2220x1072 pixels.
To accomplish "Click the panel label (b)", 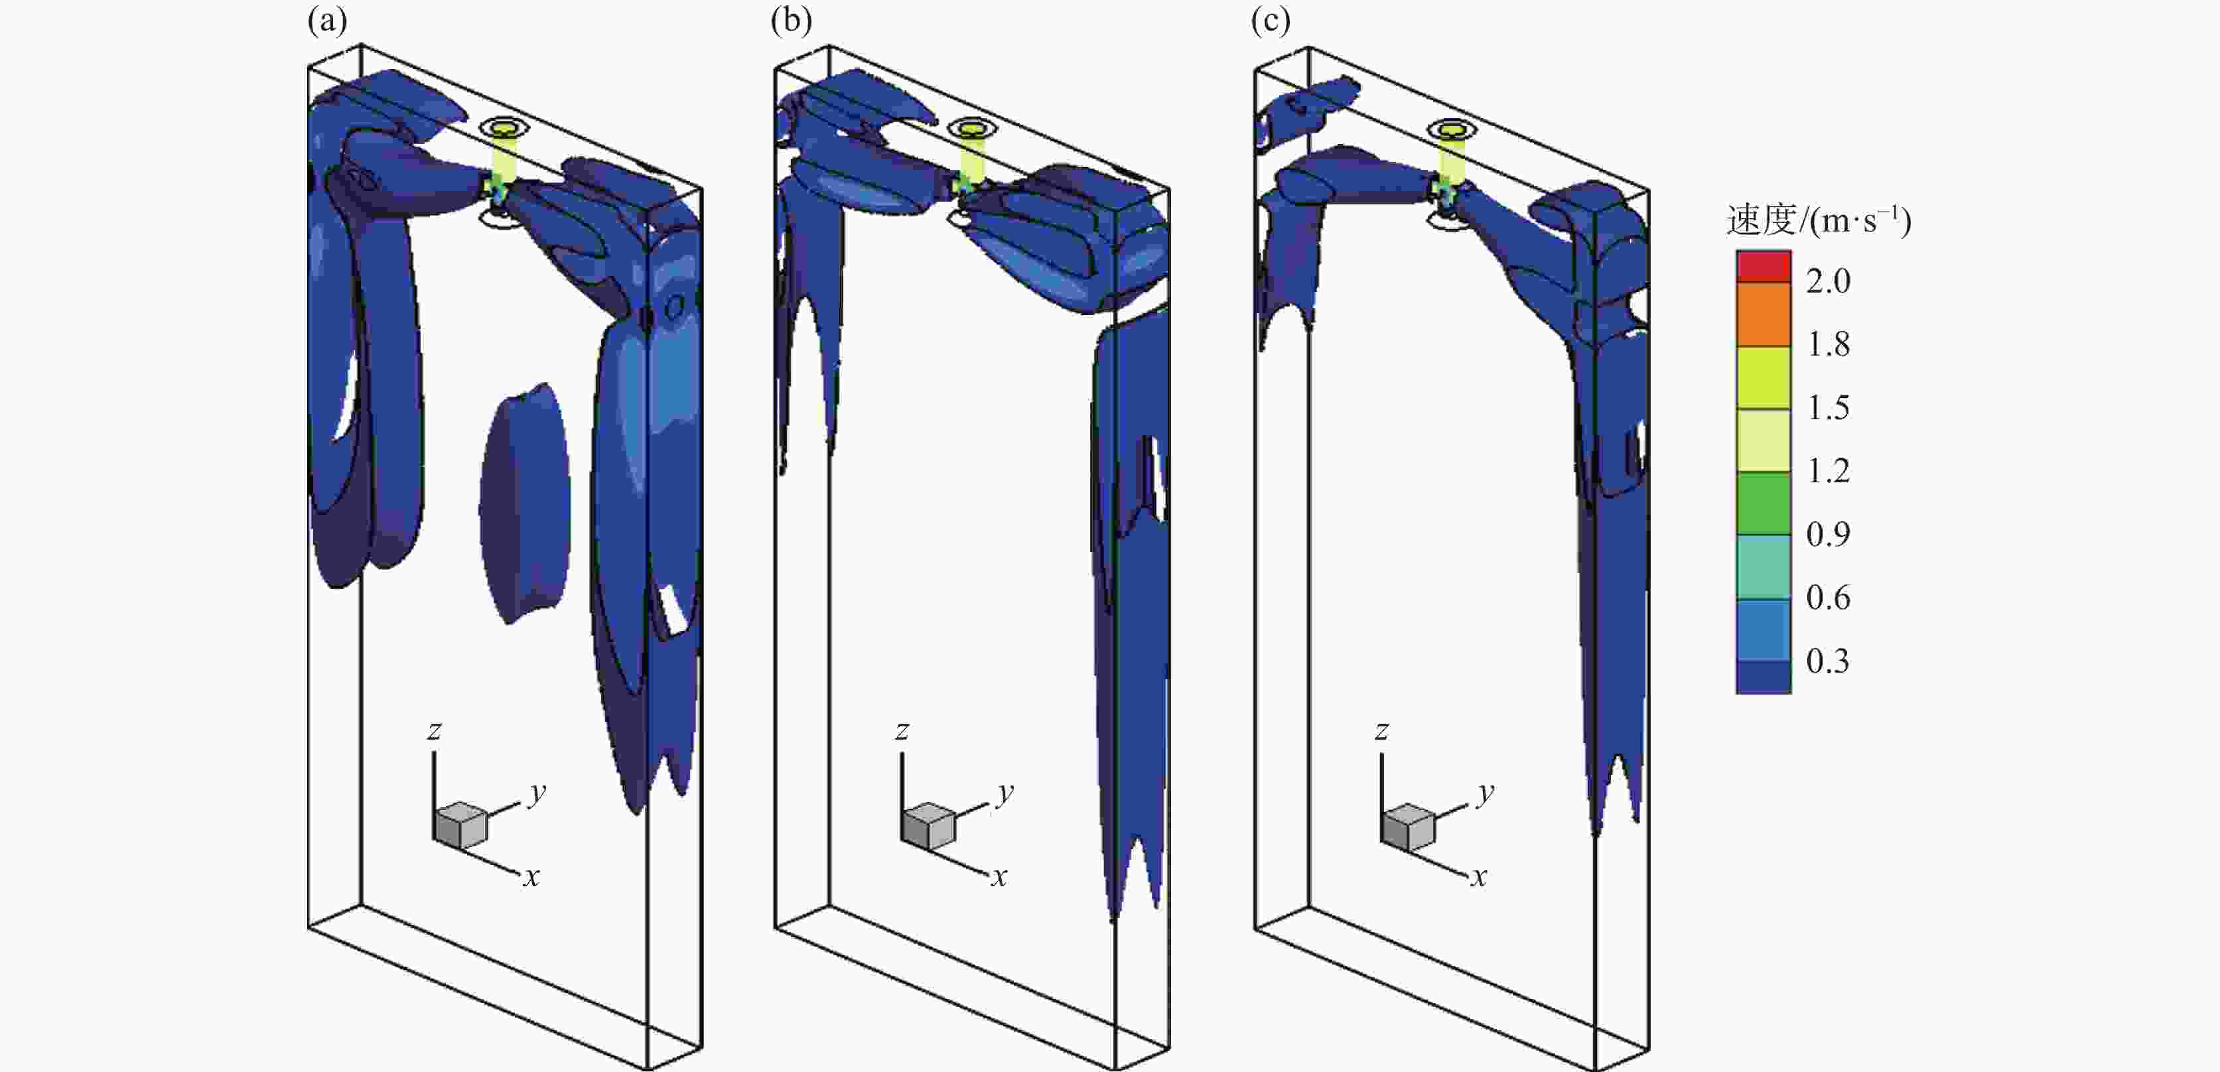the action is (791, 21).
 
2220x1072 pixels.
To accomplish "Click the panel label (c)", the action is (1271, 21).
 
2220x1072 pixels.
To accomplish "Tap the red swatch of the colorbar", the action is (1764, 266).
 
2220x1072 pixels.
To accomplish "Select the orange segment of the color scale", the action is (1764, 314).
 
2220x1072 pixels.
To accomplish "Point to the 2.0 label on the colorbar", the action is (1828, 281).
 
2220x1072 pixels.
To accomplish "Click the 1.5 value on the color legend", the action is (1828, 407).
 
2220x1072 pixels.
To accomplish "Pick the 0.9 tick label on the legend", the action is (1828, 534).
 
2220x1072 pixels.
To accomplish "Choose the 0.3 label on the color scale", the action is (1828, 661).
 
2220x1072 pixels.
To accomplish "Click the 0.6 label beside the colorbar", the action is (1828, 597).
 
